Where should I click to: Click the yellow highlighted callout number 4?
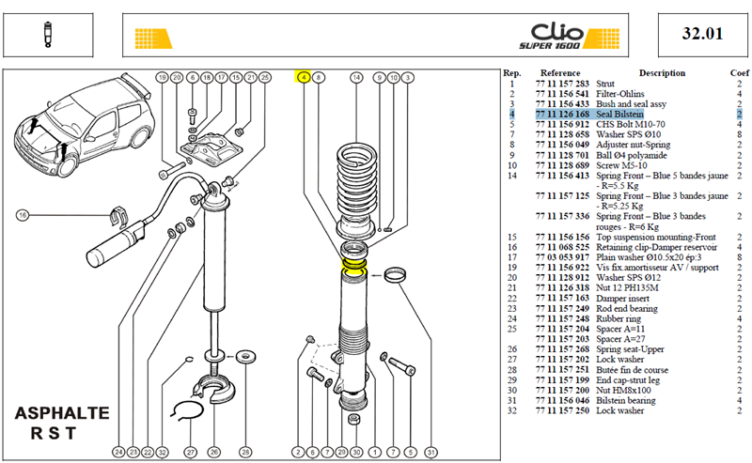click(304, 77)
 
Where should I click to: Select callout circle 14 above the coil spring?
click(356, 77)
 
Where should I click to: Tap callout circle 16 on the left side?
click(22, 215)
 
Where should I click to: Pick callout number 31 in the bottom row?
click(431, 452)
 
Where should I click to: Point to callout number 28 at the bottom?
click(245, 452)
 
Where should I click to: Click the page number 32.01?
click(702, 34)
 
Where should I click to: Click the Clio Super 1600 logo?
click(569, 36)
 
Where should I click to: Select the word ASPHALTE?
click(62, 413)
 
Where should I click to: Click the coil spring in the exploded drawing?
click(356, 183)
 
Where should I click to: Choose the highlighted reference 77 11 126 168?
click(562, 114)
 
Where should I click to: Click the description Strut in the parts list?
click(605, 84)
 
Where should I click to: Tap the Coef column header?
click(739, 73)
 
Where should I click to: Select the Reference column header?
click(560, 73)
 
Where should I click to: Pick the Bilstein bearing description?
click(625, 401)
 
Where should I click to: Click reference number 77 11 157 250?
click(562, 410)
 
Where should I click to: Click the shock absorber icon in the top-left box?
click(47, 35)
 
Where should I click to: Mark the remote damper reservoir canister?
click(114, 244)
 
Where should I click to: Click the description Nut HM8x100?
click(623, 391)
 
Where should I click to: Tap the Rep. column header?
click(511, 73)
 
